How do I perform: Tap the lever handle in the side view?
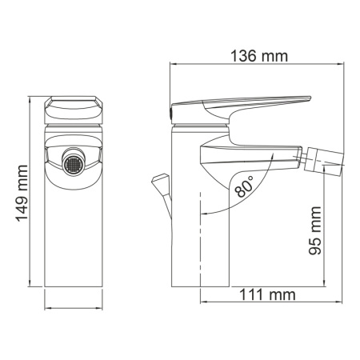coord(240,104)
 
